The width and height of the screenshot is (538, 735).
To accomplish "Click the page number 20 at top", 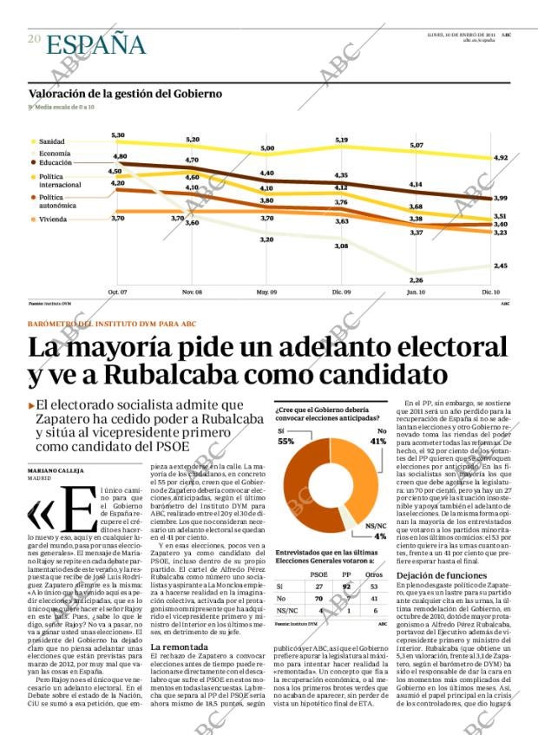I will (34, 39).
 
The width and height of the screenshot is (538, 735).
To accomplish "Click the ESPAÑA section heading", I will (95, 43).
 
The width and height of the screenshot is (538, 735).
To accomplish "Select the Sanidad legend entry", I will (51, 141).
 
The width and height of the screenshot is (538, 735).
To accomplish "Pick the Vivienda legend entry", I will (52, 220).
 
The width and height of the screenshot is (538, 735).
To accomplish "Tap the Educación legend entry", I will (55, 163).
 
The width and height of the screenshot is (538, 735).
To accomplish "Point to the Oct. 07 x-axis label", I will (117, 292).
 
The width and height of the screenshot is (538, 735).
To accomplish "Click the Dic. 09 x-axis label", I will (342, 292).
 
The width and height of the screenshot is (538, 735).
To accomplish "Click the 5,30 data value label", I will (118, 135).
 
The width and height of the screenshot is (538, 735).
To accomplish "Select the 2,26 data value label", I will (417, 279).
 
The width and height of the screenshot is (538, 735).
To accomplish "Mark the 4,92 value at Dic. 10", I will (500, 158).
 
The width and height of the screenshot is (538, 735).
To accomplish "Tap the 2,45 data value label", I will (500, 266).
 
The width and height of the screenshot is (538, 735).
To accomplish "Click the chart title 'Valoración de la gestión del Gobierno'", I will (125, 94).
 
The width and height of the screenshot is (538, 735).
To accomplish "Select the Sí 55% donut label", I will (285, 436).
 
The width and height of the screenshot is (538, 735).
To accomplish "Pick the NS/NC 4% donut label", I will (376, 530).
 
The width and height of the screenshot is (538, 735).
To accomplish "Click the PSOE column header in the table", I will (318, 574).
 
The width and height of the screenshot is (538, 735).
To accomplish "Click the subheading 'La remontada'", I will (179, 647).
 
